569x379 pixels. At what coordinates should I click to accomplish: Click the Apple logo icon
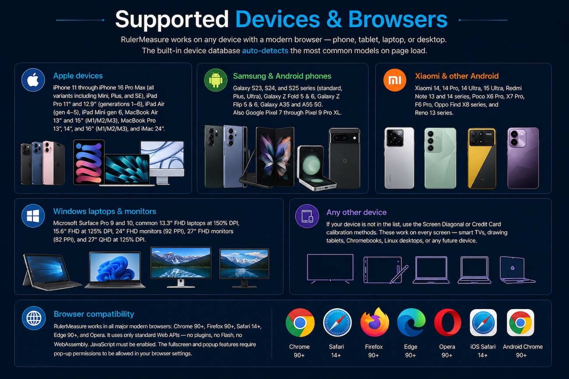pyautogui.click(x=33, y=80)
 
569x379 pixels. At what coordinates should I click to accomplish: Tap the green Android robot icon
pyautogui.click(x=216, y=80)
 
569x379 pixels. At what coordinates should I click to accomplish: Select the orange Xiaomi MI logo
pyautogui.click(x=395, y=80)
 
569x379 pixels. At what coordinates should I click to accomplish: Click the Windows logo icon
pyautogui.click(x=33, y=216)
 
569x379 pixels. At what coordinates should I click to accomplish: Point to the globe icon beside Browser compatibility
pyautogui.click(x=34, y=318)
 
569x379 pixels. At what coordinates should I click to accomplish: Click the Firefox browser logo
pyautogui.click(x=374, y=322)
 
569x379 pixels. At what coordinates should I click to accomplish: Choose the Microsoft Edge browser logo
pyautogui.click(x=411, y=323)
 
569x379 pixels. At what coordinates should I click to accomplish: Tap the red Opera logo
pyautogui.click(x=448, y=323)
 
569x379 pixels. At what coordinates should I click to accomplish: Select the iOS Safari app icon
pyautogui.click(x=483, y=323)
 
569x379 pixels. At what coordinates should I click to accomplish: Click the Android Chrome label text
pyautogui.click(x=523, y=347)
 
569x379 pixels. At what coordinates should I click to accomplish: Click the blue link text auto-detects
pyautogui.click(x=265, y=51)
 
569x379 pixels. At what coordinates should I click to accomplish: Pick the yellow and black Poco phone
pyautogui.click(x=482, y=158)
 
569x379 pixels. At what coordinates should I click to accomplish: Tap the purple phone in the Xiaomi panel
pyautogui.click(x=523, y=158)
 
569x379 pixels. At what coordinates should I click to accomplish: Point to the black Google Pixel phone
pyautogui.click(x=344, y=158)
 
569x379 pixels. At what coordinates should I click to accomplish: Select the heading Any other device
pyautogui.click(x=356, y=212)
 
